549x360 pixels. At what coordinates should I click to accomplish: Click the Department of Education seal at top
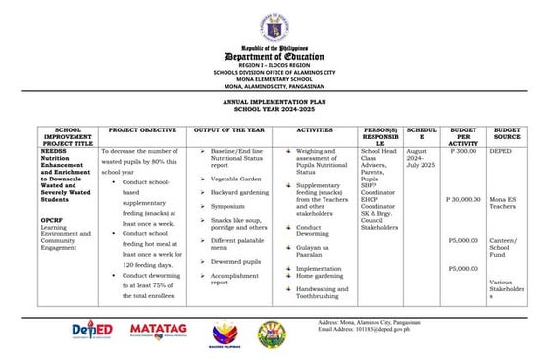[x=274, y=26]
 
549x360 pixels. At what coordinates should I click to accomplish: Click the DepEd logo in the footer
[x=94, y=332]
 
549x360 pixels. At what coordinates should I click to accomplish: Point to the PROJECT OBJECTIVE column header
[x=142, y=130]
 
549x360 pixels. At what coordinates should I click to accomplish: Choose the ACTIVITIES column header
[x=315, y=130]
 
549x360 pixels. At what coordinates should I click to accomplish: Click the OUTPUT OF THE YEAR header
[x=232, y=130]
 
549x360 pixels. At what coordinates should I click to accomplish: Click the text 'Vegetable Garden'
[x=234, y=180]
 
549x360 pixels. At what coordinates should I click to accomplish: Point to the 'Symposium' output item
[x=227, y=207]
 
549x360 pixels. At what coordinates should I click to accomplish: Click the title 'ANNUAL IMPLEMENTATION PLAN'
[x=274, y=101]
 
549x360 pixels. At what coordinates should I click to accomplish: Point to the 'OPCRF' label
[x=52, y=220]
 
